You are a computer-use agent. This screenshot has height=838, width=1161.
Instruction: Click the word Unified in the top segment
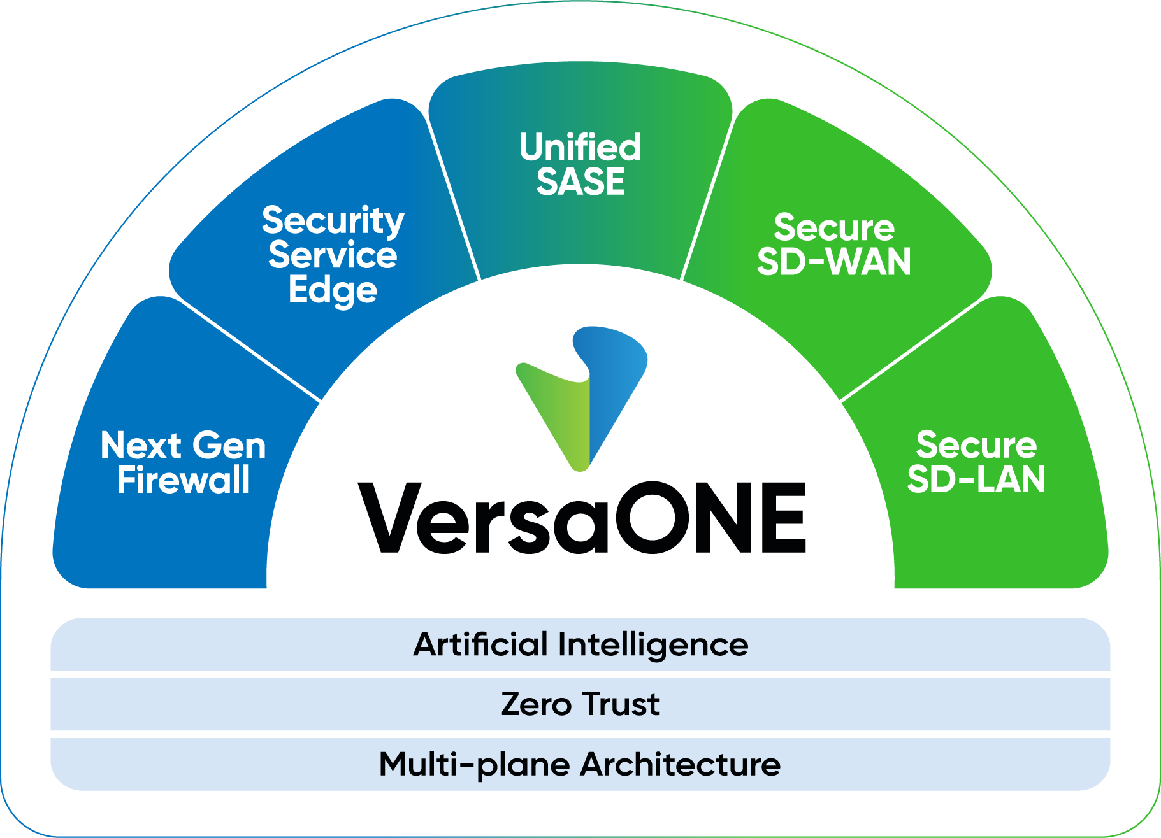coord(580,148)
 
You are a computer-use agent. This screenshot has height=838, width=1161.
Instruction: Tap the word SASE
coord(580,182)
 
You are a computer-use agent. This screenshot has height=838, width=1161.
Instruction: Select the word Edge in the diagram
coord(333,290)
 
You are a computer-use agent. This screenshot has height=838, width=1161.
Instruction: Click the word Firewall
coord(184,480)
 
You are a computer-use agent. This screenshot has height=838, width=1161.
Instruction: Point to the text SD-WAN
coord(834,262)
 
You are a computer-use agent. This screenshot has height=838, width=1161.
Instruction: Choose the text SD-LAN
coord(976,479)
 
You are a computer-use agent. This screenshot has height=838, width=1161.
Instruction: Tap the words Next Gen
coord(184,446)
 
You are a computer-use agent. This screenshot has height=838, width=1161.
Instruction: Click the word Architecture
coord(681,764)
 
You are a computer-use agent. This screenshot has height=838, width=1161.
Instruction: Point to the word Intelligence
coord(653,644)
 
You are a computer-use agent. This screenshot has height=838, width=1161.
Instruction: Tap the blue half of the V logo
coord(612,382)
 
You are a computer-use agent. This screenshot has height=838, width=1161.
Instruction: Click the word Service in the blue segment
coord(333,255)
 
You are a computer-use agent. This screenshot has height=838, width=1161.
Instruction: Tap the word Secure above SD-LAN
coord(976,445)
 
